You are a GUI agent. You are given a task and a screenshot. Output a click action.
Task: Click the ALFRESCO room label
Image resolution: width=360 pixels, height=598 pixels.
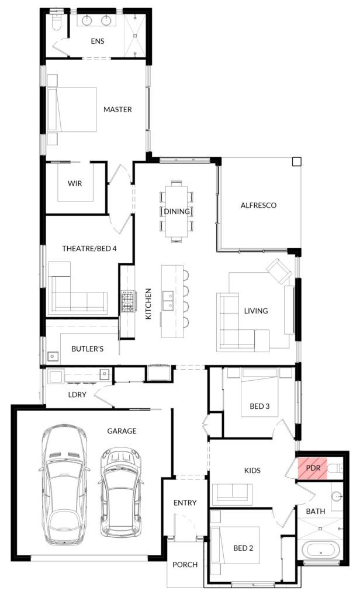(x=258, y=205)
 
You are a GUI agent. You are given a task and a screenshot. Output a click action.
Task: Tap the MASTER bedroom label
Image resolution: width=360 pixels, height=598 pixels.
(x=117, y=109)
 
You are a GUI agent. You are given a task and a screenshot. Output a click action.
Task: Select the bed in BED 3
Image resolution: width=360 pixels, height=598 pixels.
(x=259, y=392)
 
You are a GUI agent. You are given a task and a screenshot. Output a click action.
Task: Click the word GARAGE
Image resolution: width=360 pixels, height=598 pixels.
(x=122, y=431)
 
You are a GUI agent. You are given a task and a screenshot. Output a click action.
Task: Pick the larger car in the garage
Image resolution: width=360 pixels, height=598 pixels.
(x=64, y=484)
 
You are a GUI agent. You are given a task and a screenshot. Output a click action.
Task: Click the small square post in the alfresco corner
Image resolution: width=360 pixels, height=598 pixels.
(x=296, y=162)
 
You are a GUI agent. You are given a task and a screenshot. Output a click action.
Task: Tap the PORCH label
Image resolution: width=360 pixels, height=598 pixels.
(x=185, y=565)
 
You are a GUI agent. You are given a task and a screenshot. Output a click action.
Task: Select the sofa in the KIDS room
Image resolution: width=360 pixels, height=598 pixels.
(x=233, y=494)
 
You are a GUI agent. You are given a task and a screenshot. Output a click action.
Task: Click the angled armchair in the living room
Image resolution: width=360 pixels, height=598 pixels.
(x=279, y=271)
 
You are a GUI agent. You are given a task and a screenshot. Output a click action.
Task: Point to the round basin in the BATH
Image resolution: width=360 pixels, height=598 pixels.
(x=337, y=496)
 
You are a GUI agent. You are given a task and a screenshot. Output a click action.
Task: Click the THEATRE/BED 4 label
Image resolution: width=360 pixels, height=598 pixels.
(x=89, y=249)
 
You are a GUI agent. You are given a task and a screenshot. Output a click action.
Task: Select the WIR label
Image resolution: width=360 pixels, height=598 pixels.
(x=74, y=183)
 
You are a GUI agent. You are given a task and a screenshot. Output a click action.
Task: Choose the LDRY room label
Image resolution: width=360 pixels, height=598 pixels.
(x=77, y=395)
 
